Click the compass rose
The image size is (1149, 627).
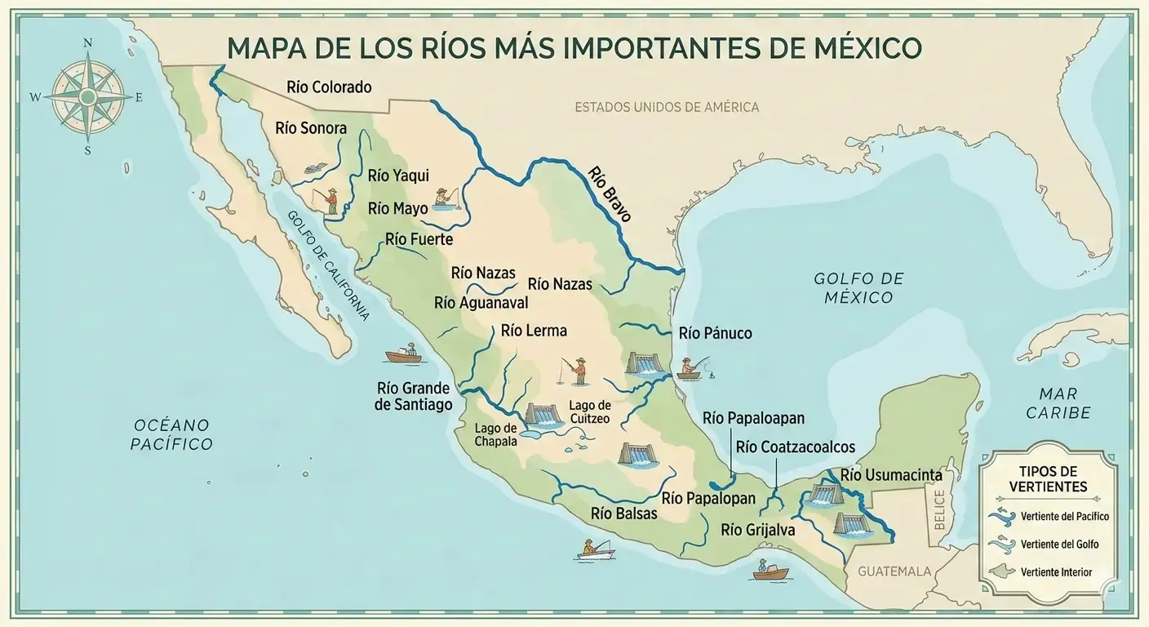(87, 96)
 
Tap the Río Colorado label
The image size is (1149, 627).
(329, 87)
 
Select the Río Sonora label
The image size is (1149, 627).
(311, 128)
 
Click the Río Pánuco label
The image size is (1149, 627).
(715, 333)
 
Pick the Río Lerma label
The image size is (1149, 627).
(534, 331)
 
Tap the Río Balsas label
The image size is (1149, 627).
(623, 514)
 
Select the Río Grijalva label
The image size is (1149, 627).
(757, 530)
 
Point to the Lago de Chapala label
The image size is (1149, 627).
(496, 435)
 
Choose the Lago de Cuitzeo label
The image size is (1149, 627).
(589, 411)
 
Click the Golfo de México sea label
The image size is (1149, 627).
(858, 288)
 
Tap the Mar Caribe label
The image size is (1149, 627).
(1058, 403)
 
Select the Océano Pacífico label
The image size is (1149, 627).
(173, 434)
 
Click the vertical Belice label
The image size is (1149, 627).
(938, 509)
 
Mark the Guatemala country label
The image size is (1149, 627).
(894, 571)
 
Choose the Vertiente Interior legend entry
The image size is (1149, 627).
(1056, 572)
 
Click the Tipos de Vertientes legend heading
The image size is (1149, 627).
(1048, 479)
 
